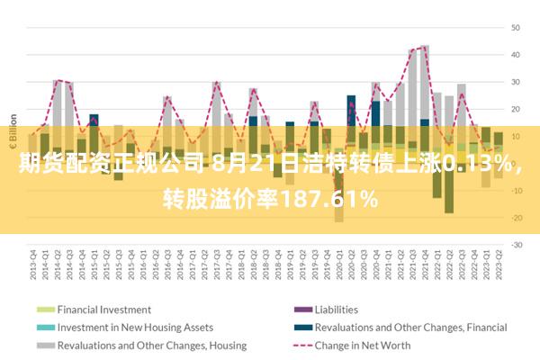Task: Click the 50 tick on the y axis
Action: [517, 28]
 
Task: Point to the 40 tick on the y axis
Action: [517, 55]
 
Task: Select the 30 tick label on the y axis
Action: [517, 82]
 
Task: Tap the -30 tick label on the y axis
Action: [517, 245]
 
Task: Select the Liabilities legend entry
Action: [336, 309]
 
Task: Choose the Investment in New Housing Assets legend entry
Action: [135, 327]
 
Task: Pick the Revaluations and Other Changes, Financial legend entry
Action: [410, 327]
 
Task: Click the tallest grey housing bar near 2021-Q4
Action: [424, 81]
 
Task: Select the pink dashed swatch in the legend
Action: [300, 345]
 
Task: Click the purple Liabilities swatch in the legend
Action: [300, 309]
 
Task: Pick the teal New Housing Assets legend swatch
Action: [45, 327]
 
